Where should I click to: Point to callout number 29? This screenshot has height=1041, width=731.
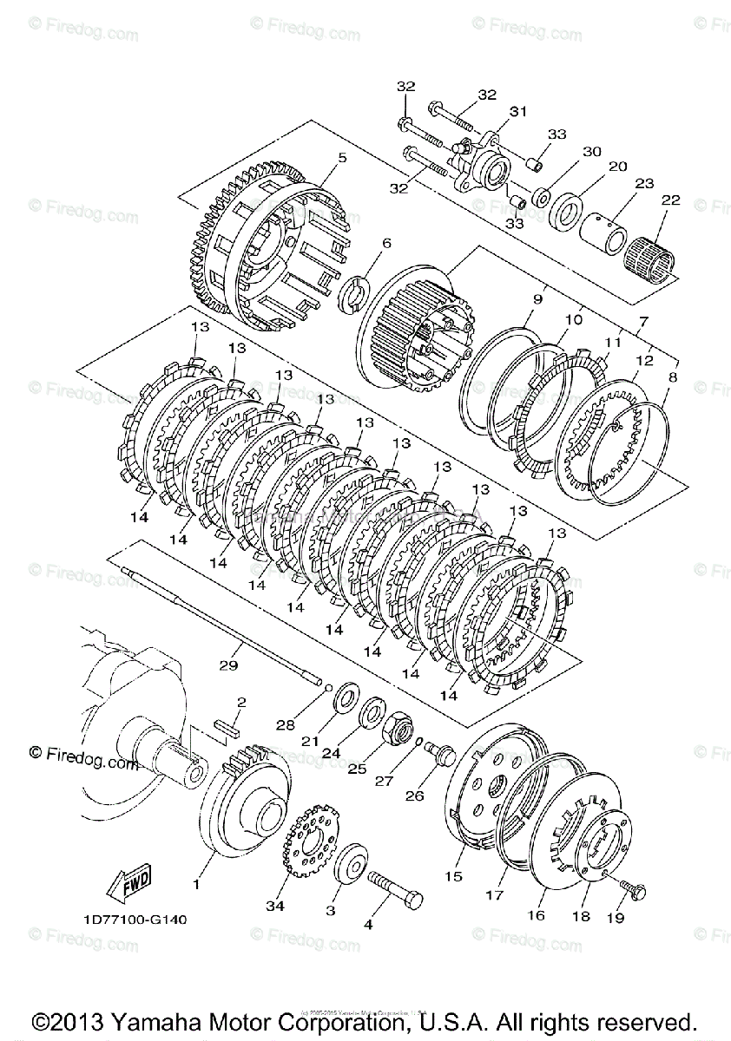click(x=228, y=665)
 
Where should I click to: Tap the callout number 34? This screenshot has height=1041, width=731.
click(x=276, y=907)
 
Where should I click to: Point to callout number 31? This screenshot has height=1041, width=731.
click(x=518, y=111)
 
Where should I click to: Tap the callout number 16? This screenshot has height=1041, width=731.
click(x=536, y=915)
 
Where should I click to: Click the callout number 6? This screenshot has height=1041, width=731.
click(x=386, y=243)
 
